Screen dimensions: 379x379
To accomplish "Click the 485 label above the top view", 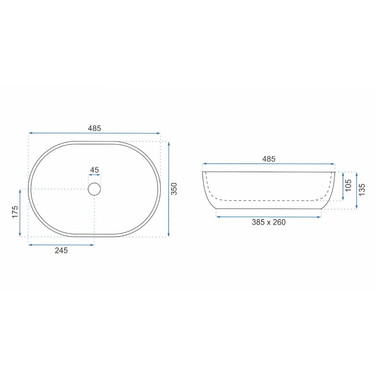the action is (94, 128).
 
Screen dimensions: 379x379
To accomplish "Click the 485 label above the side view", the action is (269, 159).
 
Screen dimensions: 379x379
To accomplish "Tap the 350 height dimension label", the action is (174, 189).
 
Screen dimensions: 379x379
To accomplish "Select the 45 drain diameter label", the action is (94, 170).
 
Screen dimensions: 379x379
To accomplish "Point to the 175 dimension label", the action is (15, 212).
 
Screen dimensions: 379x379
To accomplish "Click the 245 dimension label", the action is (61, 251).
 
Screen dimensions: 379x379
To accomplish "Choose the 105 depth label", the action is (348, 185).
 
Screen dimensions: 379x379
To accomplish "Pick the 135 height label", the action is (362, 190).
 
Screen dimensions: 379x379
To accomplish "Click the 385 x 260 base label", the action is (269, 222).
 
